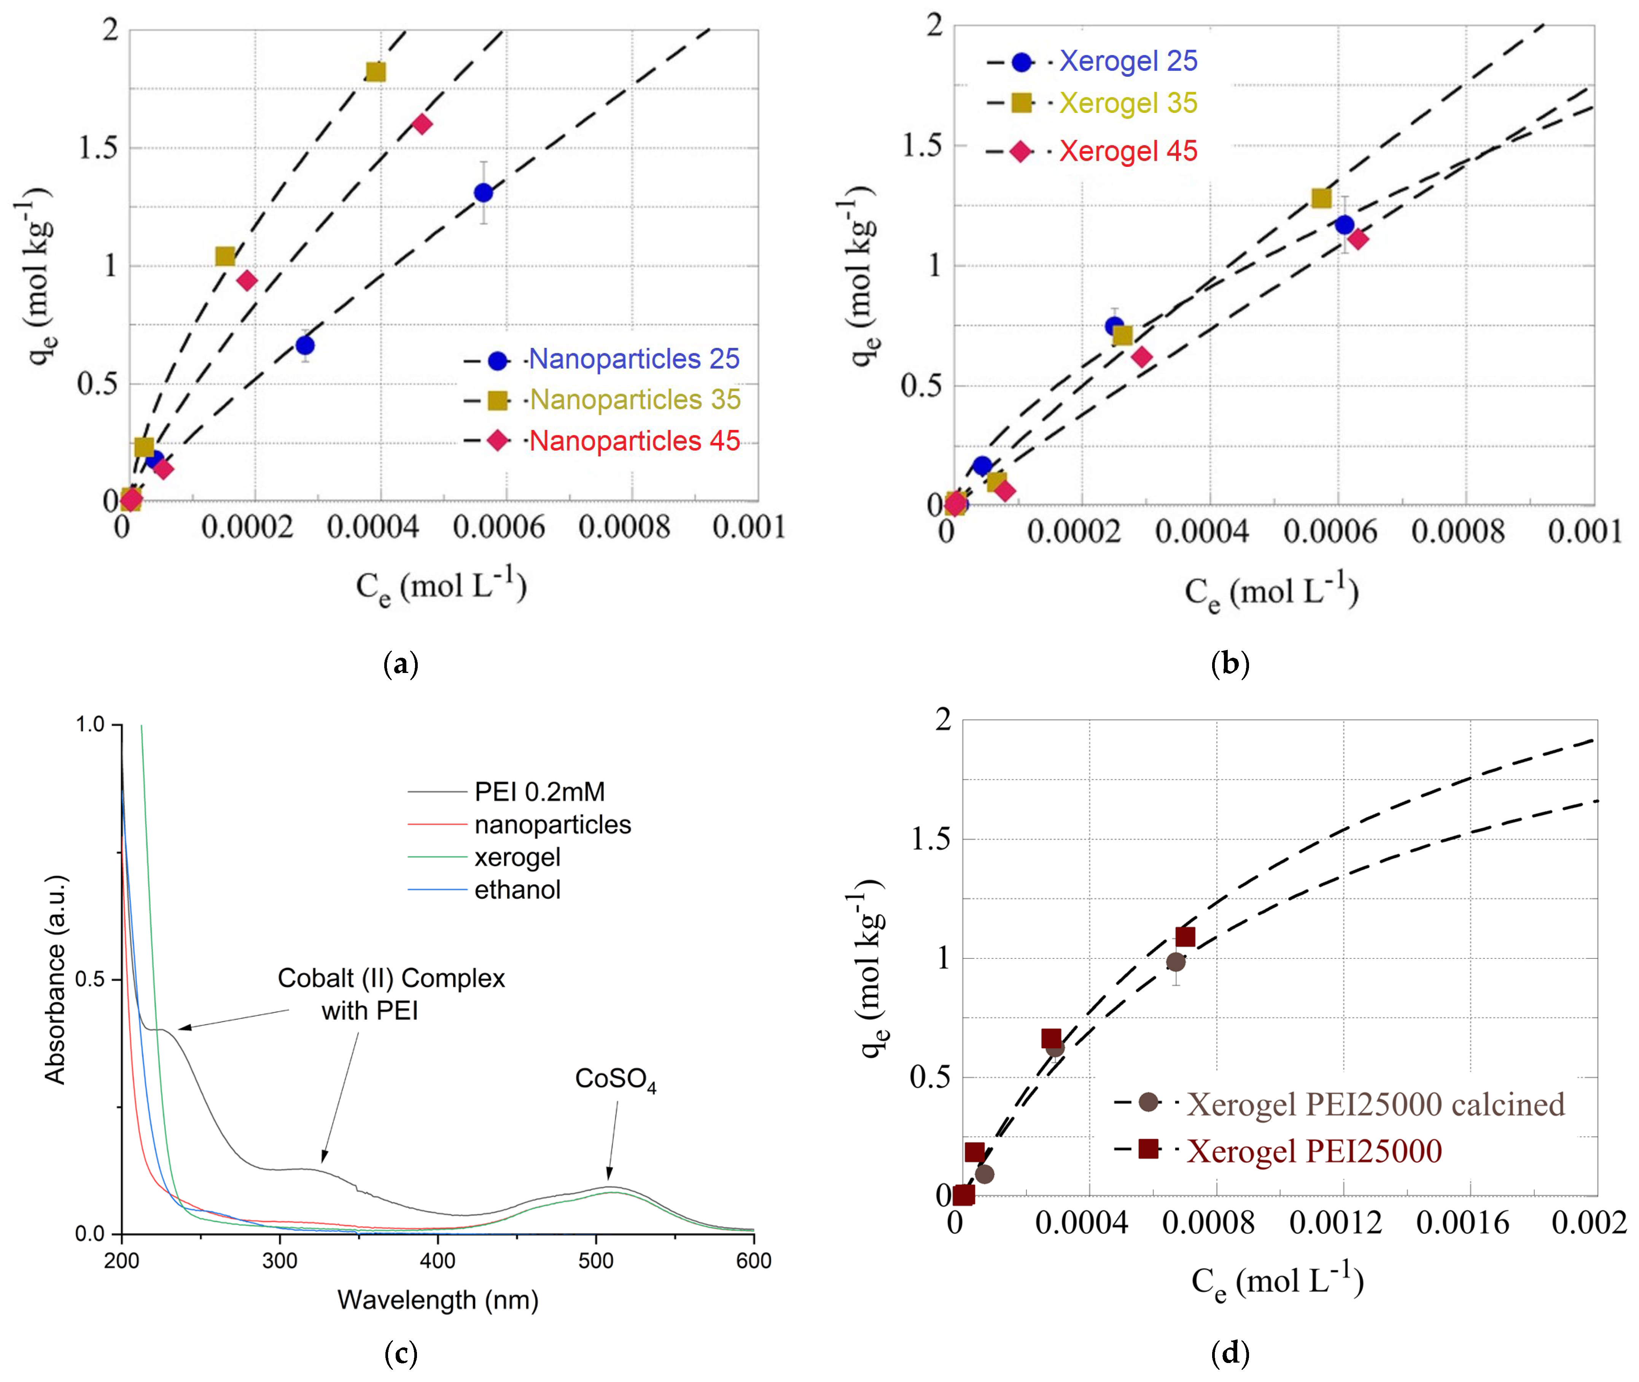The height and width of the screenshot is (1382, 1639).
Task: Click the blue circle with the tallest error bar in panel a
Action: point(484,193)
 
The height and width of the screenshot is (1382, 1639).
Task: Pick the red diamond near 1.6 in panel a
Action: point(422,124)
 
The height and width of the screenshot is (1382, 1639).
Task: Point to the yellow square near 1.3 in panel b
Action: point(1322,198)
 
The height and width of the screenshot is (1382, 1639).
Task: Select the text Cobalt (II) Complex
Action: point(391,979)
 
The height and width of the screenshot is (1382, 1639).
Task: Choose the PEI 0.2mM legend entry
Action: point(539,792)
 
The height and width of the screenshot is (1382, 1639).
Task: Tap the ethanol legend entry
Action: point(517,890)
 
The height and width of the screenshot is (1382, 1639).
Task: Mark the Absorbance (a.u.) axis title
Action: point(55,979)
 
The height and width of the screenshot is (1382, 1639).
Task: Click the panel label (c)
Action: point(401,1354)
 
